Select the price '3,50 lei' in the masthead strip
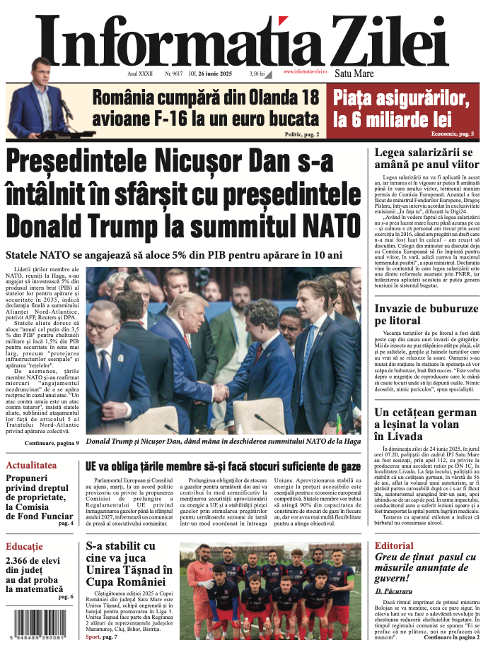(x=257, y=73)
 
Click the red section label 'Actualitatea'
(x=31, y=466)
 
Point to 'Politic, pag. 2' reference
(x=301, y=133)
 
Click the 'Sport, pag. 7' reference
(x=102, y=637)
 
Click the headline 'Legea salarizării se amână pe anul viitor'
(x=422, y=159)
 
